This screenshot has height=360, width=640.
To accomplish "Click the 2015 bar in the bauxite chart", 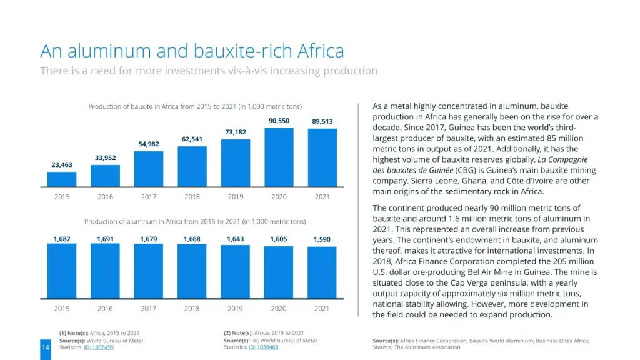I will point(62,179).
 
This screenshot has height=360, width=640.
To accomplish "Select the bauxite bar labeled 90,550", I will point(279,157).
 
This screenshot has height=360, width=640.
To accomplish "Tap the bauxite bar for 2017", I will point(149,169).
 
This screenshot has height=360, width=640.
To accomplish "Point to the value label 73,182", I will point(236,132).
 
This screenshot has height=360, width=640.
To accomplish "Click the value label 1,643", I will point(236,239).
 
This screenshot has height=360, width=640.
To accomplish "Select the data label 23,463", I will point(62,165).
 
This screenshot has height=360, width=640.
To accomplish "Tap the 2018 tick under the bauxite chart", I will point(192,197).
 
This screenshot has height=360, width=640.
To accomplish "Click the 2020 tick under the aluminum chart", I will point(279,308).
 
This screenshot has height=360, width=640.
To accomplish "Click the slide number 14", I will point(45,347).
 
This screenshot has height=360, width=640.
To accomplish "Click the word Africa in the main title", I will point(321,51).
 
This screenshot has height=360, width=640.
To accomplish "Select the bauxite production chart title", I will point(194,107).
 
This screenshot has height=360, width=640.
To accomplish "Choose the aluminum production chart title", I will point(194,221).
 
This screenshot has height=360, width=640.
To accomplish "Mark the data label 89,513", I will point(322,121).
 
